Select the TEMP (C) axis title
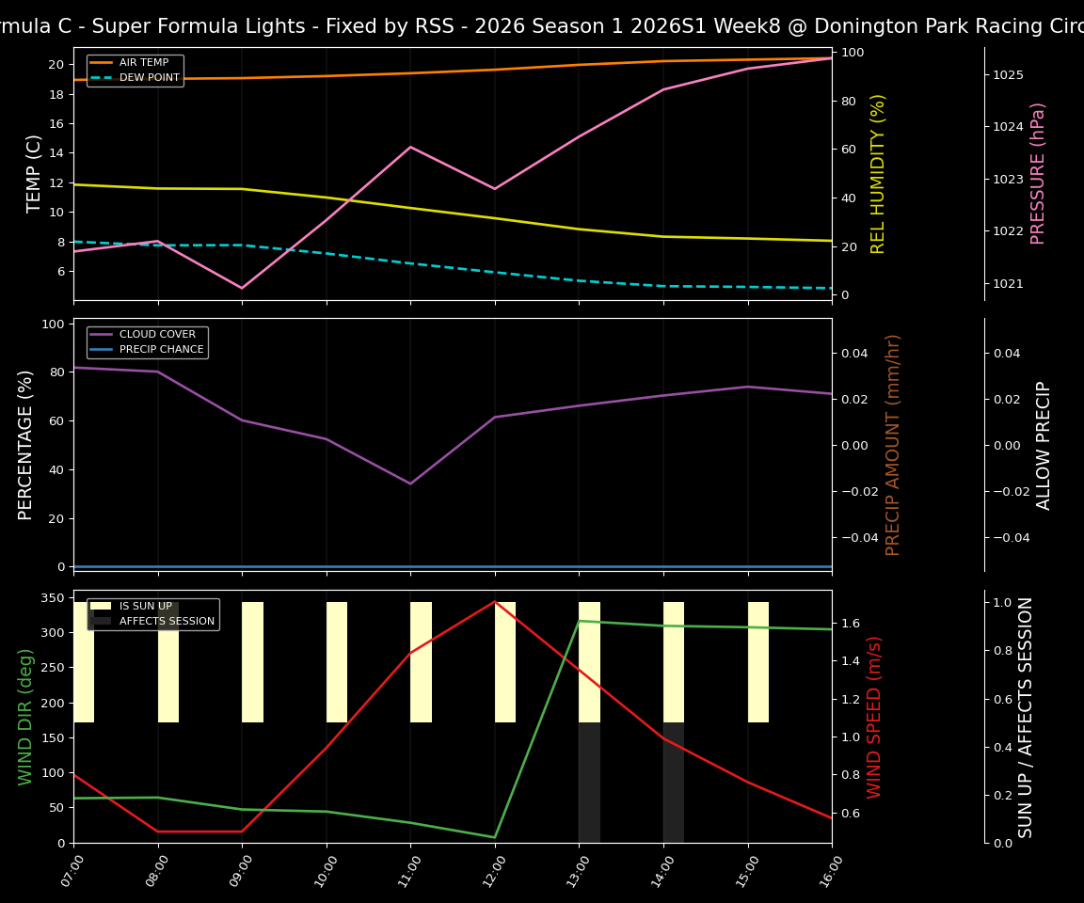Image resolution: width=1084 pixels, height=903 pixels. click(x=34, y=174)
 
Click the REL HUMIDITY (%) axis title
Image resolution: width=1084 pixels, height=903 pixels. click(x=879, y=174)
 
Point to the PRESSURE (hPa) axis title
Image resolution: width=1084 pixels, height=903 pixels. click(x=1038, y=174)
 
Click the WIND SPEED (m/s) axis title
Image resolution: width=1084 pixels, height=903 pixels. click(x=875, y=717)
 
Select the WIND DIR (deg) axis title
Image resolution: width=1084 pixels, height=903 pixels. click(x=25, y=717)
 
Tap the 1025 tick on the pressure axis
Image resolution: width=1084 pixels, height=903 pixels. click(x=1008, y=74)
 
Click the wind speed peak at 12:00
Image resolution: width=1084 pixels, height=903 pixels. click(x=495, y=601)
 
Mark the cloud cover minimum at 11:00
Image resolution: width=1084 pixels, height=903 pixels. click(x=410, y=483)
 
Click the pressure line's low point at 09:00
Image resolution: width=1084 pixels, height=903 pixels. click(x=242, y=288)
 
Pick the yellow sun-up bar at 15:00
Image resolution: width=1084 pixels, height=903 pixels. click(x=758, y=662)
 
